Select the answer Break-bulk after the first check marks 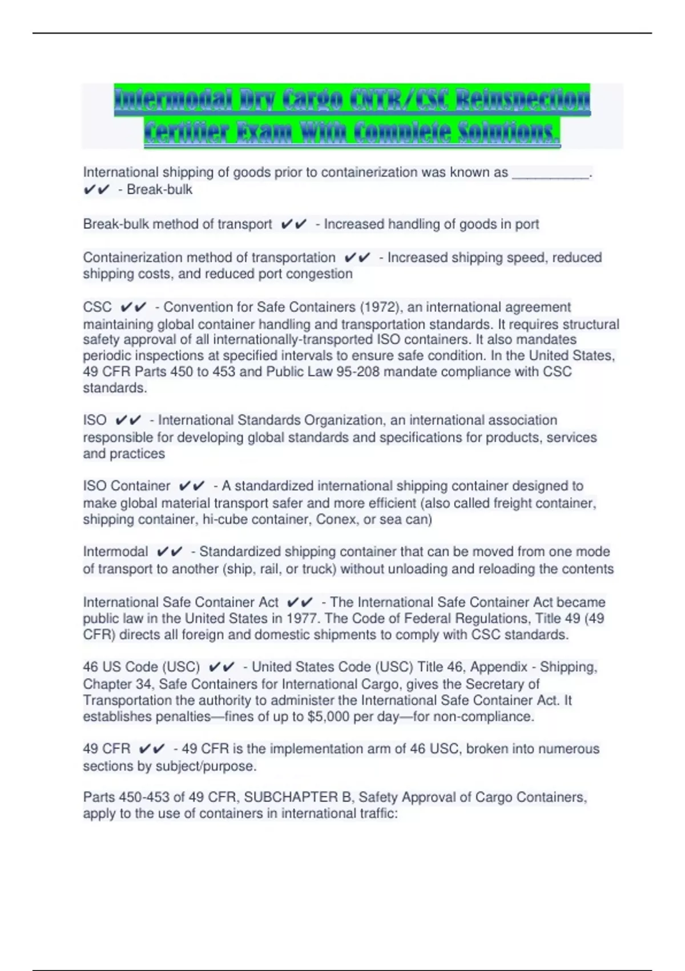coord(159,190)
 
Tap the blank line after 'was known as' coord(550,172)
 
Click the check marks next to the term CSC coord(134,307)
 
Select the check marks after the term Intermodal coord(170,552)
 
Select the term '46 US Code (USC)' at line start coord(142,667)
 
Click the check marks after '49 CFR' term coord(151,749)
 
